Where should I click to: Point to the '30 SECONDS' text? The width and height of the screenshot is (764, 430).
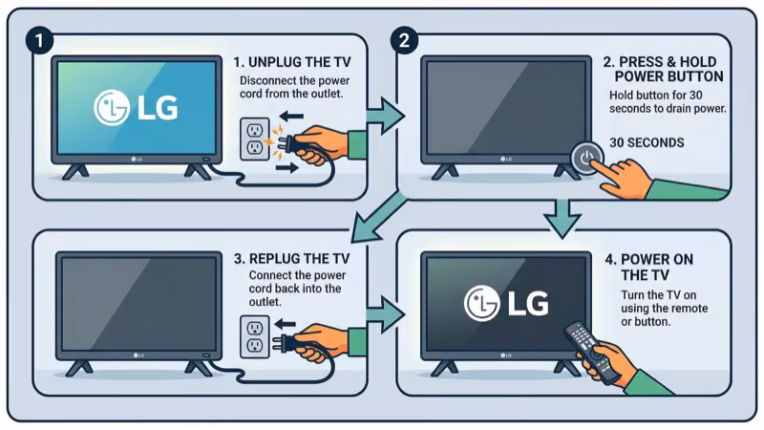(x=647, y=142)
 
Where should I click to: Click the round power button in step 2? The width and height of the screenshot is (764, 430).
(x=586, y=158)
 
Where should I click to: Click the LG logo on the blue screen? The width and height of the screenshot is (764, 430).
(x=135, y=108)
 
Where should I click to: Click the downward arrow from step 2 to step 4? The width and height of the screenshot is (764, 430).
(x=563, y=215)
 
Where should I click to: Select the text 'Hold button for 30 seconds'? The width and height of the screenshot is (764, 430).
(x=668, y=102)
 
